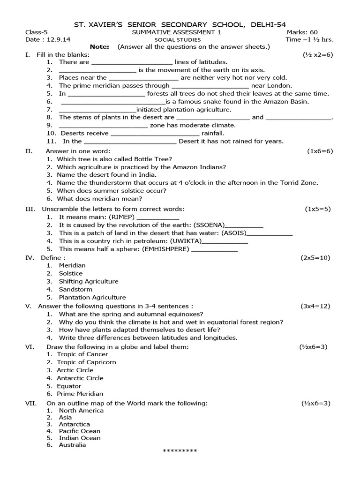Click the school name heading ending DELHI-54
(180, 24)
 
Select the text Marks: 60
(302, 32)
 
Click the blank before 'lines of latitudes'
(132, 62)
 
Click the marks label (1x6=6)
(320, 151)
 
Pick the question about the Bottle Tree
(114, 159)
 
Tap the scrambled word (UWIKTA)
(186, 241)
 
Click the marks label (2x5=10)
(315, 258)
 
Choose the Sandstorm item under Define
(75, 289)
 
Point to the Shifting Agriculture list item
(88, 281)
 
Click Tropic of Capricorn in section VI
(86, 362)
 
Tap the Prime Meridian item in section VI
(80, 394)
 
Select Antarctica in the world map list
(74, 424)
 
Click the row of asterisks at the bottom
(180, 451)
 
